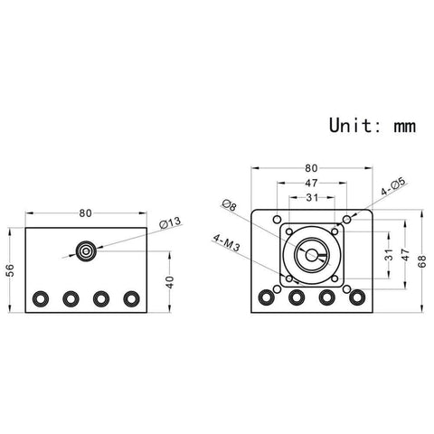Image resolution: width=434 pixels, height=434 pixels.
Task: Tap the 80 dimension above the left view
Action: (85, 213)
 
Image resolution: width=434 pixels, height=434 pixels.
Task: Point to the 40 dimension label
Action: (171, 281)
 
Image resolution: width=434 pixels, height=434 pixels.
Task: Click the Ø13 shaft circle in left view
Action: (87, 250)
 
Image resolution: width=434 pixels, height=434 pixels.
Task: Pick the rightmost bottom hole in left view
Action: (132, 297)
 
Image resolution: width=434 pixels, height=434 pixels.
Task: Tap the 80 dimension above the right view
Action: (311, 167)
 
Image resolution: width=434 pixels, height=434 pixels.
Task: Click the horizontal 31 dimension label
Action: (311, 198)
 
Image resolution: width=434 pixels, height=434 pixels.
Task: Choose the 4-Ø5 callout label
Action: (392, 192)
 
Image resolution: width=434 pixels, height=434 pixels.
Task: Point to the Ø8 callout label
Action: (229, 206)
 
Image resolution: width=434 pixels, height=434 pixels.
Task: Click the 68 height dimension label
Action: (422, 261)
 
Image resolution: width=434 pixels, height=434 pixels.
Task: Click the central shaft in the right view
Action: (311, 255)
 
